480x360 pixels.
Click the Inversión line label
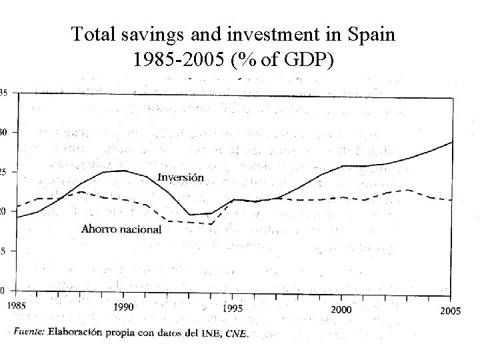tap(181, 177)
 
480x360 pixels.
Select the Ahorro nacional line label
tap(121, 229)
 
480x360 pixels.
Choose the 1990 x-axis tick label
tap(123, 307)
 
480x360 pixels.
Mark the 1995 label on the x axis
tap(233, 308)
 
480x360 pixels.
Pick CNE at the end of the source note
tap(237, 334)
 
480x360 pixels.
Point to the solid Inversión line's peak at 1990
tap(125, 171)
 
